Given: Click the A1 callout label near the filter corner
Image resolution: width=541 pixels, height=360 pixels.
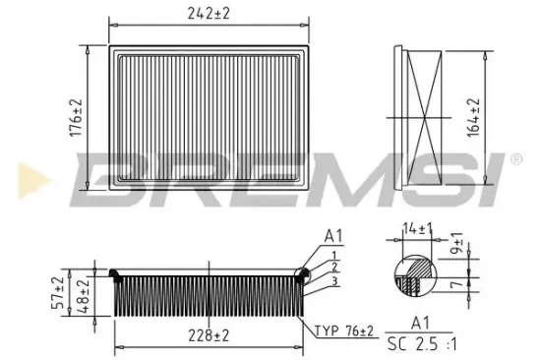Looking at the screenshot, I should tap(332, 236).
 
